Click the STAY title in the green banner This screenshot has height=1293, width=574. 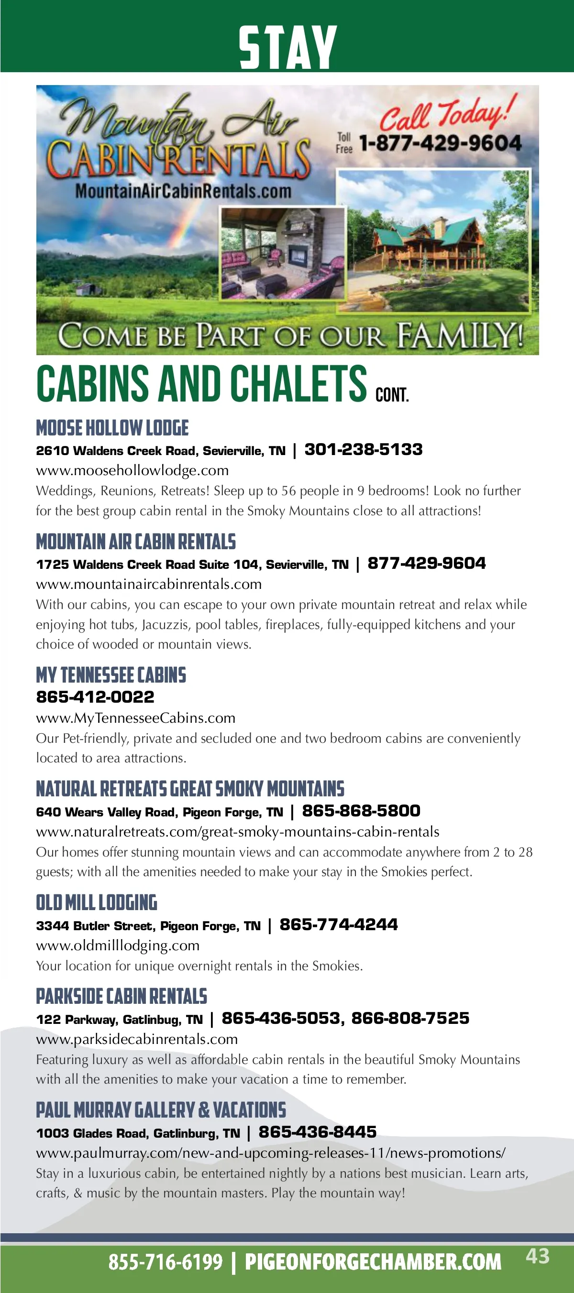tap(287, 48)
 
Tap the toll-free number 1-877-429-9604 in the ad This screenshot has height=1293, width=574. tap(441, 143)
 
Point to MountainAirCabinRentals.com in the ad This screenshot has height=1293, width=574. tap(183, 191)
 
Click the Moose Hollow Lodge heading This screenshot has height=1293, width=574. tap(112, 428)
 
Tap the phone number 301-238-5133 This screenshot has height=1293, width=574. tap(363, 449)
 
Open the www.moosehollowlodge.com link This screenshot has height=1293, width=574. tap(132, 470)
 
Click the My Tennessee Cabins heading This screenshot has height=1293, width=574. tap(111, 675)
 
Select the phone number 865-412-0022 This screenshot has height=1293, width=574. tap(95, 697)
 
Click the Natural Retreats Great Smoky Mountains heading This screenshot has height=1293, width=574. tap(190, 789)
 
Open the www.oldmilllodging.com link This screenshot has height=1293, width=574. tap(118, 945)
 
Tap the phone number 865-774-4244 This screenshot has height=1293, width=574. tap(339, 924)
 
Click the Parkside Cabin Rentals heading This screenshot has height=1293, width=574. tap(121, 996)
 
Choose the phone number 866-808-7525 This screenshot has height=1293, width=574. tap(410, 1018)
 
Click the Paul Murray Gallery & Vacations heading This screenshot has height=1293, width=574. tap(161, 1110)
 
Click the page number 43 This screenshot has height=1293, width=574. tap(537, 1256)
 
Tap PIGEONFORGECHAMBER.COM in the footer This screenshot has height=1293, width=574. tap(373, 1262)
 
